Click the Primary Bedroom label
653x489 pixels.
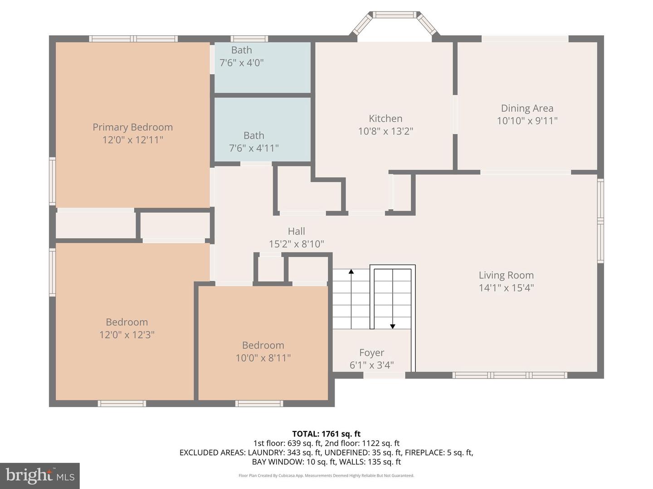click(x=132, y=127)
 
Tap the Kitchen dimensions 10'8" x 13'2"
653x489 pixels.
click(x=385, y=131)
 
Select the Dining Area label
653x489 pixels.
click(x=527, y=108)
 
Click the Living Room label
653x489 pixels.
click(x=506, y=275)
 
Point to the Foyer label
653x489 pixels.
click(x=371, y=353)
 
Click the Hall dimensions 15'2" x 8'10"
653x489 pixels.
click(x=296, y=244)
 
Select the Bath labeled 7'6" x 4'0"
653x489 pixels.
click(x=241, y=57)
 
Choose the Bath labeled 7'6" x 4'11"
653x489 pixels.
click(x=253, y=141)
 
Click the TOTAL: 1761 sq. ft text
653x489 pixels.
click(x=326, y=434)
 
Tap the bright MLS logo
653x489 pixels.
click(x=40, y=475)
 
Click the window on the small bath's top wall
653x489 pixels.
click(x=249, y=39)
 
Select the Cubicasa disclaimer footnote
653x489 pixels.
click(x=326, y=475)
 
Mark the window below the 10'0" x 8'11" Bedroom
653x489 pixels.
click(x=259, y=403)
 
